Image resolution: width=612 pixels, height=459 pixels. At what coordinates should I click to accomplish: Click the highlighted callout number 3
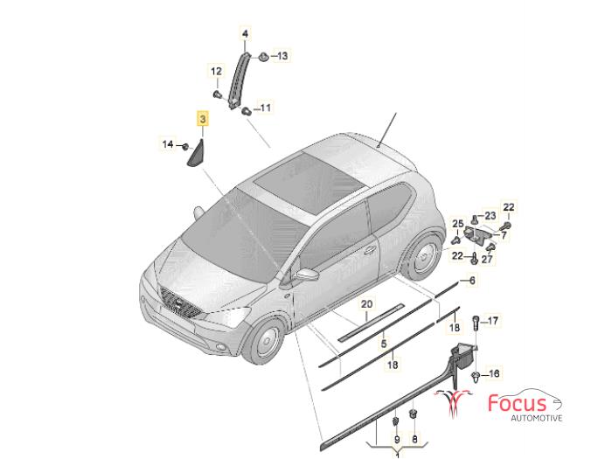click(203, 118)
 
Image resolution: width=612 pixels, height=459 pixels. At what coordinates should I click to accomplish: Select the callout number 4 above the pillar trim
click(245, 34)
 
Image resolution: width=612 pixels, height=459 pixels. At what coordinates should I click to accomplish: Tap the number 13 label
click(282, 56)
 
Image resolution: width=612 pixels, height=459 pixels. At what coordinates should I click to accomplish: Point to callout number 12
click(216, 72)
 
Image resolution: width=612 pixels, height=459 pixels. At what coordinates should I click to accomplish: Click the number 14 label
click(168, 144)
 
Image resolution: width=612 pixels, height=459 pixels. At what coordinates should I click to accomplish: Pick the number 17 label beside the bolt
click(493, 321)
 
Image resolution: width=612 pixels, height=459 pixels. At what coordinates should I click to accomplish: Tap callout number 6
click(472, 281)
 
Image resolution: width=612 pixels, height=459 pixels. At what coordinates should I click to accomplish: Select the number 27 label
click(487, 259)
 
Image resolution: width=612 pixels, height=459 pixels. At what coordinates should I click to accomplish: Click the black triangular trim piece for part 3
click(198, 155)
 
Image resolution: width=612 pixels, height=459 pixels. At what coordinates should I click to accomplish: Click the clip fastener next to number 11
click(247, 111)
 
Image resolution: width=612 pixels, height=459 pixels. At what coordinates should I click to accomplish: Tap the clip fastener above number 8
click(414, 414)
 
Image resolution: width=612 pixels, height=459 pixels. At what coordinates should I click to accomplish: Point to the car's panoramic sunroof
click(309, 182)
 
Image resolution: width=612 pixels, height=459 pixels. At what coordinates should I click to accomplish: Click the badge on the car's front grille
click(178, 302)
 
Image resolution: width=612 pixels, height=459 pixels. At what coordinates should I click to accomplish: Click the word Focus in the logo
click(518, 403)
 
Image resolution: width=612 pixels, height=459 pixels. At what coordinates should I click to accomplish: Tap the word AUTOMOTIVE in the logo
click(537, 418)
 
